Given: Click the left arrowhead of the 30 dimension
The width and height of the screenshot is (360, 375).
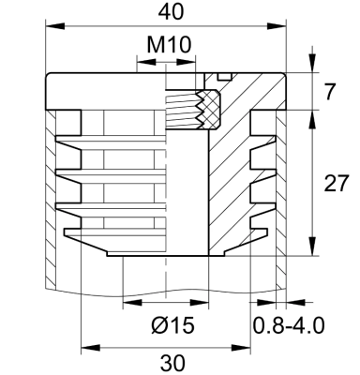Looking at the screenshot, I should tap(87, 346).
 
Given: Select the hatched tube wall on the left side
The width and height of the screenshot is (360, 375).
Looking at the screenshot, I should tap(50, 197).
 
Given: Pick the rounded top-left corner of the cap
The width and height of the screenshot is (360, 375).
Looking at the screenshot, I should tap(47, 81).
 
